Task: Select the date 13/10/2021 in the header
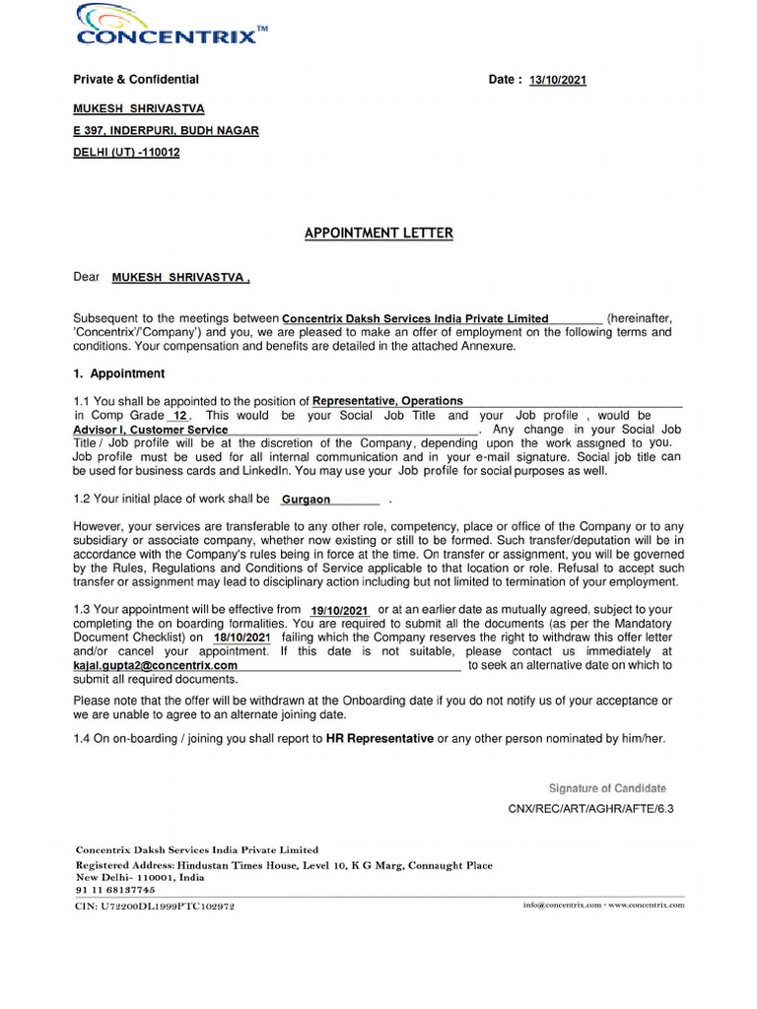[557, 81]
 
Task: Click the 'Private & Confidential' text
[136, 80]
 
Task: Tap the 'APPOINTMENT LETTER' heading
[378, 234]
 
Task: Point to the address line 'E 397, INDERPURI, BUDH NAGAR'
[166, 131]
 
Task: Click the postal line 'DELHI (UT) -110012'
[127, 153]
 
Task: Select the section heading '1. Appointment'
[119, 374]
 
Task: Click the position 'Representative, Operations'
[387, 401]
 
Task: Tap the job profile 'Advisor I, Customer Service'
[151, 431]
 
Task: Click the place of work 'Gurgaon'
[307, 501]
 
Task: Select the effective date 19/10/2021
[338, 611]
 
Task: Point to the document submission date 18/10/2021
[241, 638]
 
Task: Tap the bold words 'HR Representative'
[379, 738]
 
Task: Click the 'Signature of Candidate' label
[607, 788]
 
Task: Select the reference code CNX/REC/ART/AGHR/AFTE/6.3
[590, 809]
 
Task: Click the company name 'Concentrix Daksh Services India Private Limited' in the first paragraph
[415, 319]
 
